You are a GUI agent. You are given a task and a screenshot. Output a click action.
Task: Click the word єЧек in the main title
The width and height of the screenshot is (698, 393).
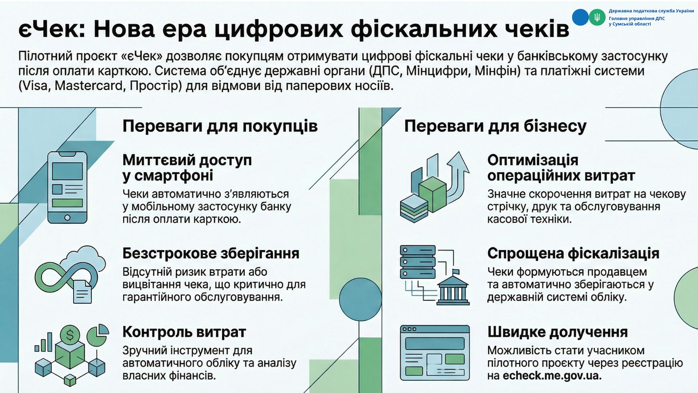(x=51, y=29)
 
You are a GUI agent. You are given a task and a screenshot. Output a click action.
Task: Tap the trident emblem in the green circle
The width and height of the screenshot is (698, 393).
(x=597, y=17)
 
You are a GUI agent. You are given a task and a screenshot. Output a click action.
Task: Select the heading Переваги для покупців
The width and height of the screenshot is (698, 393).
(x=220, y=126)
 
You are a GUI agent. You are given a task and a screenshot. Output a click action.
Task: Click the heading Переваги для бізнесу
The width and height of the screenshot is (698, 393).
(x=495, y=126)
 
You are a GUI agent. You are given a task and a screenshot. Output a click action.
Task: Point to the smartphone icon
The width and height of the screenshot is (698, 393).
(x=68, y=187)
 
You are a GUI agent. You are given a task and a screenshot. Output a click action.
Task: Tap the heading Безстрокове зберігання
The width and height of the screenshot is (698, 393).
(x=211, y=253)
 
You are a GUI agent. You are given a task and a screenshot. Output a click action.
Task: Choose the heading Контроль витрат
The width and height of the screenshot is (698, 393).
(x=184, y=332)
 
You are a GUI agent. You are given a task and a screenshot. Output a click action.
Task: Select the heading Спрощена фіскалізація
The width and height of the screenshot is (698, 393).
(x=573, y=253)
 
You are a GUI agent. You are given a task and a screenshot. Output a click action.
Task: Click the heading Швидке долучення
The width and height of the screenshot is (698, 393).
(x=557, y=332)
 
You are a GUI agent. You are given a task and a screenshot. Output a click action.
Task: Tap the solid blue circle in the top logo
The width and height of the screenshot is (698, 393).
(x=580, y=17)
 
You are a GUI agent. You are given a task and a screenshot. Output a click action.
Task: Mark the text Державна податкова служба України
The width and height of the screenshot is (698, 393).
(x=651, y=11)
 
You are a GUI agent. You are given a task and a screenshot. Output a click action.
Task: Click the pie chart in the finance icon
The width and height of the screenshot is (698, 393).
(x=99, y=334)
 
